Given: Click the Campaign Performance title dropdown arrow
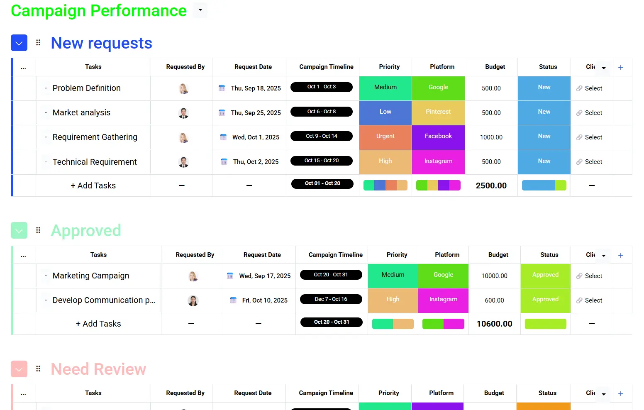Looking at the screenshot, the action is tap(200, 10).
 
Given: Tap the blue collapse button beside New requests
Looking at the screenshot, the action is tap(19, 43).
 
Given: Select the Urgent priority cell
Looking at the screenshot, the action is tap(385, 137).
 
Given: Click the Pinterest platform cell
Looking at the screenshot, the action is tap(438, 112).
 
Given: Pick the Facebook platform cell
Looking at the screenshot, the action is tap(438, 137).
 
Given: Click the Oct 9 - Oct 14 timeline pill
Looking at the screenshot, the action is tap(322, 136).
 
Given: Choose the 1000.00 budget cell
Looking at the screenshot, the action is tap(491, 137).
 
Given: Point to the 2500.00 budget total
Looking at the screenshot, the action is tap(491, 185).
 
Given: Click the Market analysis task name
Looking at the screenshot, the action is tap(81, 112).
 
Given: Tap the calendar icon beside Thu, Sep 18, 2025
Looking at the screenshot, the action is tap(222, 88).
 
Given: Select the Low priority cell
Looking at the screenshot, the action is tap(385, 112).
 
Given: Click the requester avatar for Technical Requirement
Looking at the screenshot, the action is tap(183, 162).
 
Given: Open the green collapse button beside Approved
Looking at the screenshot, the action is tap(19, 230).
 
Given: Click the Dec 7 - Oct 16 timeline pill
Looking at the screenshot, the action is tap(331, 299).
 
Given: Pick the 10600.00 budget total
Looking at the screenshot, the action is tap(495, 324).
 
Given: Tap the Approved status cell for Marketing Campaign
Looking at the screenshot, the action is tap(545, 276).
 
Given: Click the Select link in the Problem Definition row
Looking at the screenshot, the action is tap(593, 88).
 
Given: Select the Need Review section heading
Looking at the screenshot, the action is tap(98, 369).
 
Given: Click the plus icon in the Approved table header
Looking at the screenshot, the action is tap(620, 255).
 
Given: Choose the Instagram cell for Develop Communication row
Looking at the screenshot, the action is tap(443, 300).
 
